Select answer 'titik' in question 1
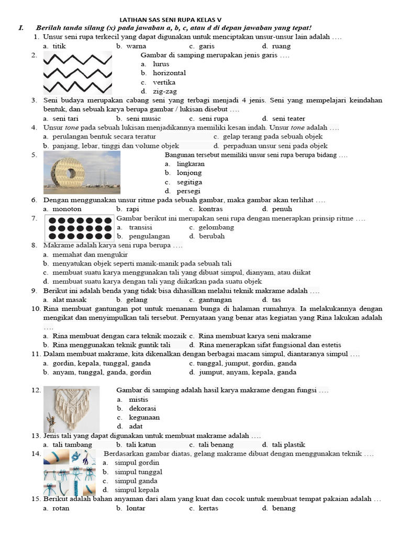[59, 46]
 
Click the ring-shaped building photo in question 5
[82, 172]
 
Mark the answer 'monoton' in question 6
[66, 209]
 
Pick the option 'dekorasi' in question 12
[142, 409]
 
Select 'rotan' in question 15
[58, 508]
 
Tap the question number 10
[36, 309]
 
